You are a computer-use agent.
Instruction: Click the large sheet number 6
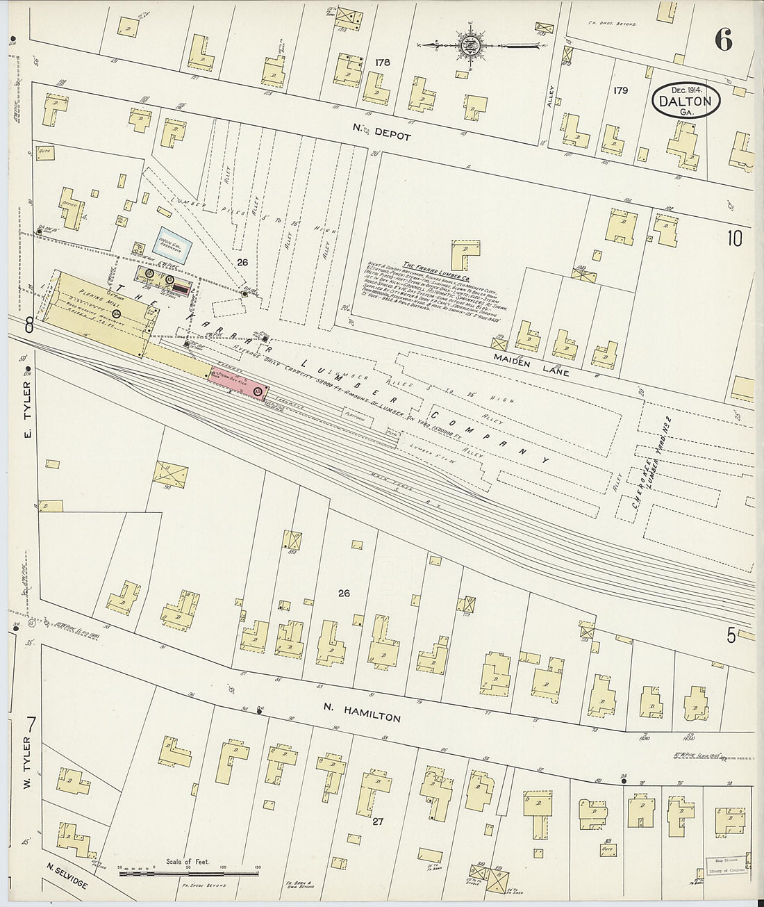(722, 41)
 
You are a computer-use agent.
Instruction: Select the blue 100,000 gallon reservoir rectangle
(172, 245)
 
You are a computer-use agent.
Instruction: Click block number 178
(382, 63)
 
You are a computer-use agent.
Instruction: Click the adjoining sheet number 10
(735, 238)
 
